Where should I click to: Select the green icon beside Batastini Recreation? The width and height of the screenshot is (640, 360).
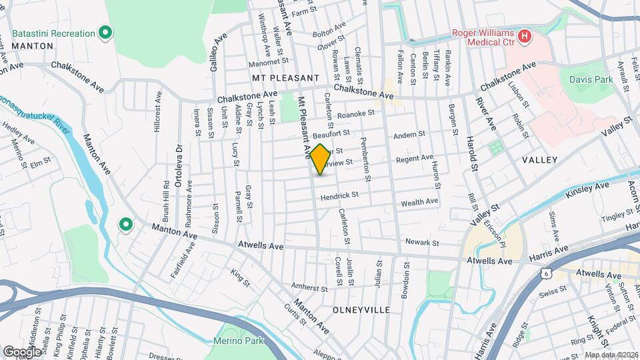(105, 32)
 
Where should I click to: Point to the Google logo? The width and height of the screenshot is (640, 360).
(22, 351)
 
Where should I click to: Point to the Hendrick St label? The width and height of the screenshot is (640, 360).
(339, 195)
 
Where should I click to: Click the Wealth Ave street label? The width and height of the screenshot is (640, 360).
(419, 201)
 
